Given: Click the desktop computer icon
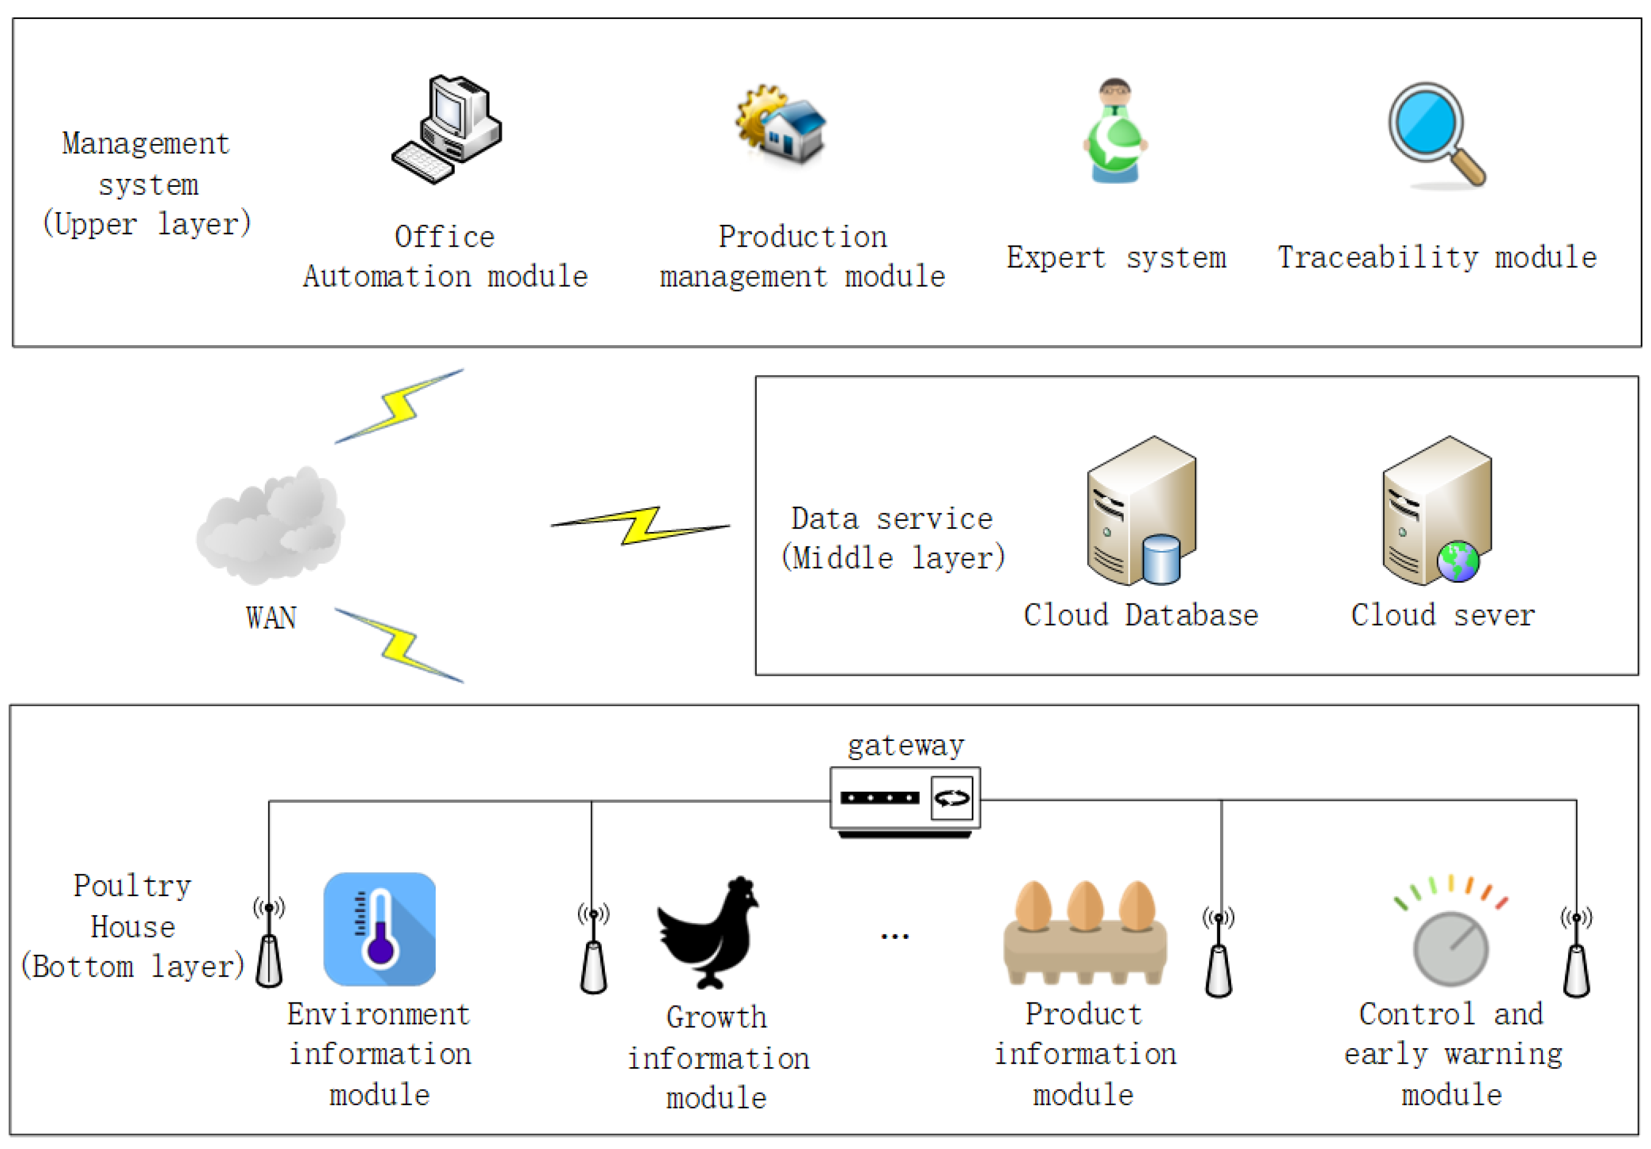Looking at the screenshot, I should click(x=447, y=129).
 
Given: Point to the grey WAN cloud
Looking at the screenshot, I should click(x=270, y=525).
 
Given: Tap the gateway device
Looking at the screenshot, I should click(x=905, y=800).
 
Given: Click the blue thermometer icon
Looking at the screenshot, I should click(x=380, y=928).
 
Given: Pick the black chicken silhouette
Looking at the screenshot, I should click(x=708, y=932).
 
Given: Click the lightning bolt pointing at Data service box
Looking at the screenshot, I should click(x=640, y=525).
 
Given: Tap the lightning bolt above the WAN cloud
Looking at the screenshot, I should click(x=400, y=406).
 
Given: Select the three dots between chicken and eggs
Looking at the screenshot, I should click(x=895, y=936).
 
